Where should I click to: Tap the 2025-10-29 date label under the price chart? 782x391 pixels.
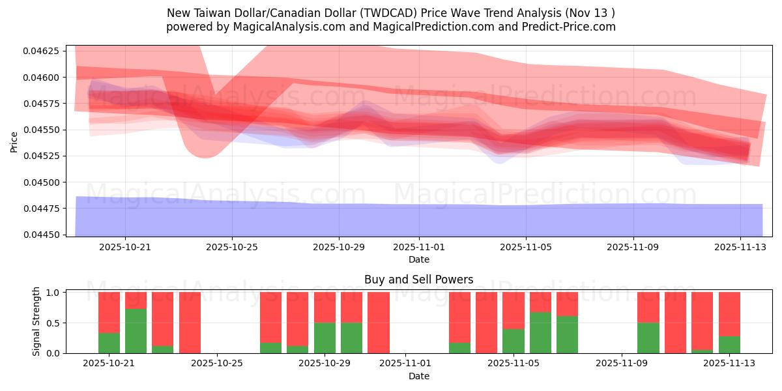pyautogui.click(x=338, y=248)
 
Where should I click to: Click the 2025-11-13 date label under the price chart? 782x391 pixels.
pyautogui.click(x=740, y=248)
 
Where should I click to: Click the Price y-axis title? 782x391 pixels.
pyautogui.click(x=14, y=141)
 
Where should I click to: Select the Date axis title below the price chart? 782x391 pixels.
pyautogui.click(x=418, y=259)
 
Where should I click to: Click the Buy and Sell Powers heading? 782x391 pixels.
pyautogui.click(x=418, y=280)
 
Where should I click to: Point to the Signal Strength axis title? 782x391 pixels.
pyautogui.click(x=36, y=321)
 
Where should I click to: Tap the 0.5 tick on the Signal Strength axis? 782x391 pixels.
pyautogui.click(x=53, y=323)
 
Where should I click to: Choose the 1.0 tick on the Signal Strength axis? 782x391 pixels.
pyautogui.click(x=53, y=293)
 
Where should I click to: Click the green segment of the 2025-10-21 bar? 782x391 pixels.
pyautogui.click(x=109, y=343)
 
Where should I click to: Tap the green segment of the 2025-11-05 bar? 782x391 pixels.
pyautogui.click(x=514, y=341)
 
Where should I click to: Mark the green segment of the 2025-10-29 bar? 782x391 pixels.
pyautogui.click(x=325, y=338)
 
